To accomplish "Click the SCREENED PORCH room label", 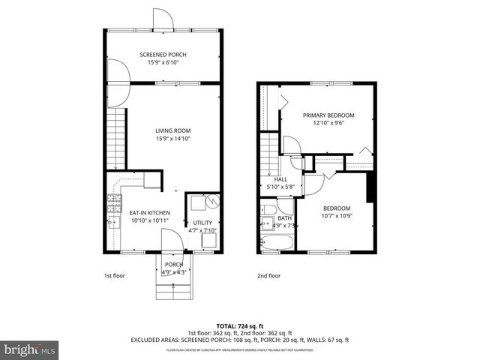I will coord(163,55).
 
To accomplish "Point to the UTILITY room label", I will coord(202,223).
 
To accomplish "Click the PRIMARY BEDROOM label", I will coord(328,115).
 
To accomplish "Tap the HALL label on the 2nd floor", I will coord(280,179).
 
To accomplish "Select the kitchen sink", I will coord(113,222).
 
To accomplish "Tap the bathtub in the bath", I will coord(277,243).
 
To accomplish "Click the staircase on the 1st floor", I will coord(115,136).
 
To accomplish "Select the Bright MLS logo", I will coord(30,349).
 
